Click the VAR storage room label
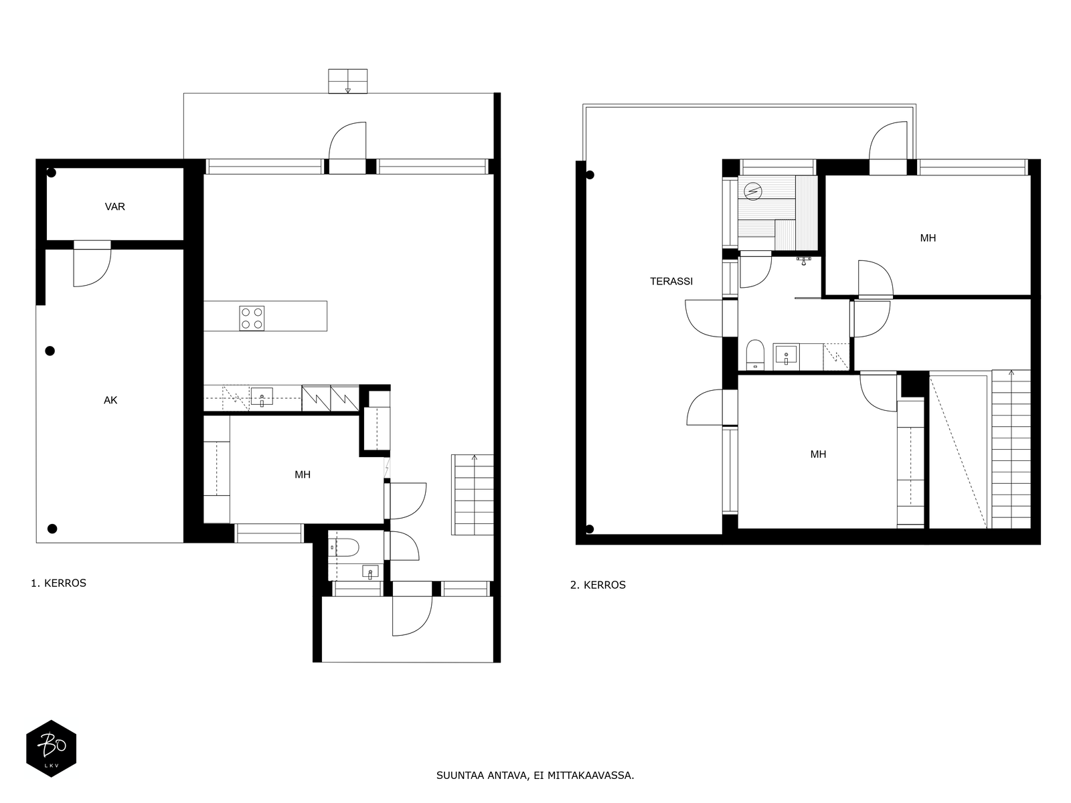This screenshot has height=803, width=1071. [114, 207]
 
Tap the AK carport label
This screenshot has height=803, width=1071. [110, 400]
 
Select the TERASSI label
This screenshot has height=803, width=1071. [671, 281]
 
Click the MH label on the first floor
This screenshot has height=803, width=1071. [303, 475]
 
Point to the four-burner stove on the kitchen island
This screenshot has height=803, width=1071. [252, 319]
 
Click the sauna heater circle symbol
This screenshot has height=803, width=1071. [753, 191]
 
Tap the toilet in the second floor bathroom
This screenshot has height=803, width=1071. [755, 355]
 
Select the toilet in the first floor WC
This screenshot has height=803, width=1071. [343, 547]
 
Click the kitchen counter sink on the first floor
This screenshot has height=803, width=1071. [262, 396]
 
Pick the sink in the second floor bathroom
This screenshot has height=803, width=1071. [786, 355]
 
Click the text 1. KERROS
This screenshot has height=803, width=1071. [58, 583]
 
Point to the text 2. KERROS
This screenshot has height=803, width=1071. [598, 585]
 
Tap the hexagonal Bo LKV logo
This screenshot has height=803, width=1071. [52, 748]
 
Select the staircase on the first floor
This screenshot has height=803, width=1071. [473, 495]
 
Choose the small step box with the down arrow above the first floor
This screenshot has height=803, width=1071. [347, 81]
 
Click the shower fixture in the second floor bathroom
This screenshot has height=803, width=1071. [804, 261]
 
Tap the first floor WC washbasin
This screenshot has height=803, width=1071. [370, 571]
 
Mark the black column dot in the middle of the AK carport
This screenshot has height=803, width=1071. [50, 351]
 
